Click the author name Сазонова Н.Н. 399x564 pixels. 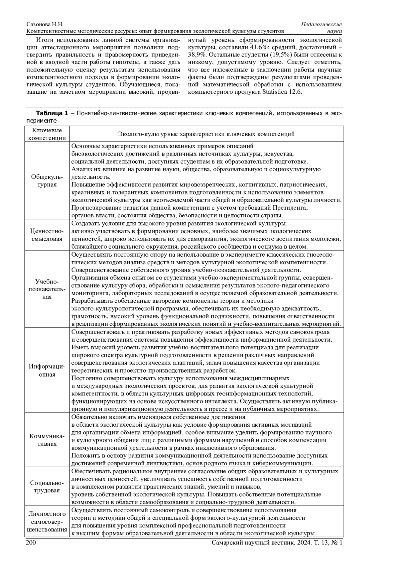coord(45,25)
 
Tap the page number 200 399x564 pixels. coord(31,543)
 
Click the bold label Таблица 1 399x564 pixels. coord(52,113)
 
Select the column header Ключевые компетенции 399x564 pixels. coord(47,134)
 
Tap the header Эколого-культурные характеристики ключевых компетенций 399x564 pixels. coord(206,134)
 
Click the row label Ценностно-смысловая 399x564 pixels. coord(47,235)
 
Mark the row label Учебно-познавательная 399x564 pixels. coord(47,289)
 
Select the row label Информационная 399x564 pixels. coord(47,370)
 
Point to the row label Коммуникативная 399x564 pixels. coord(47,440)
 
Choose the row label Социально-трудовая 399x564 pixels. coord(47,487)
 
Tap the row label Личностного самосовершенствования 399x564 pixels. coord(47,522)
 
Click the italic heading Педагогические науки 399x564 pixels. coord(322,28)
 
